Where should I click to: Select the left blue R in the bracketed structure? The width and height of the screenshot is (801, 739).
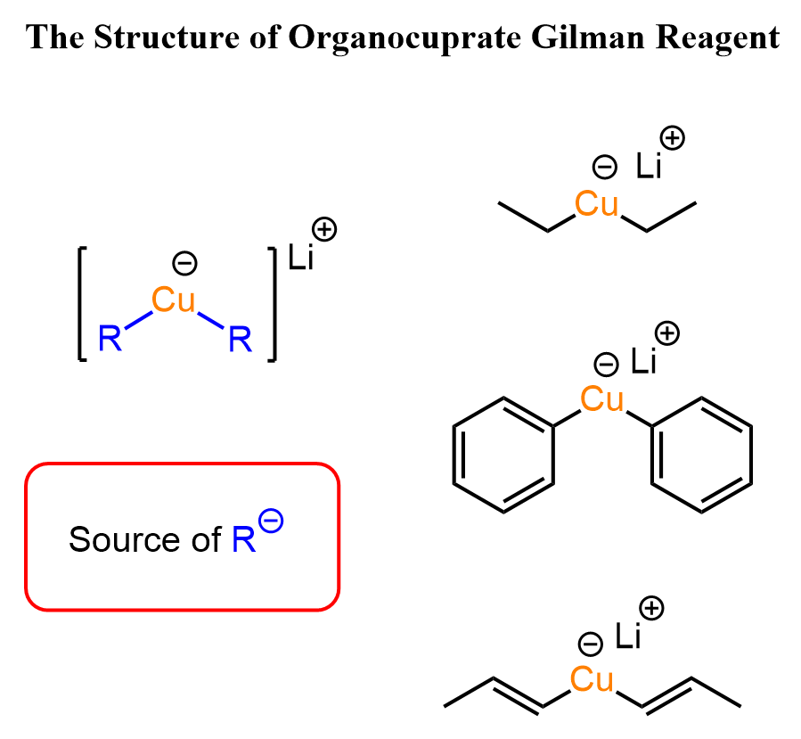[x=110, y=339]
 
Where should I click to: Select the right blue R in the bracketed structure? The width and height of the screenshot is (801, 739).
[x=240, y=339]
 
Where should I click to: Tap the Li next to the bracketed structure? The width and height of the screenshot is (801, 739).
[x=300, y=260]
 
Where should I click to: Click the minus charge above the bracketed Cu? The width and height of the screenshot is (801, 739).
[x=184, y=263]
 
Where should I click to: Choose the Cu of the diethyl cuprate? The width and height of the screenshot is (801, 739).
[x=596, y=204]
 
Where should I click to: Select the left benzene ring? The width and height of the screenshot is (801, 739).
[x=504, y=455]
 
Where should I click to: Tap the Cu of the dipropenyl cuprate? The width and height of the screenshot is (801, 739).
[x=592, y=680]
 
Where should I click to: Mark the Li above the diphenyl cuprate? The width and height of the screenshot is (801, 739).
[x=643, y=361]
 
